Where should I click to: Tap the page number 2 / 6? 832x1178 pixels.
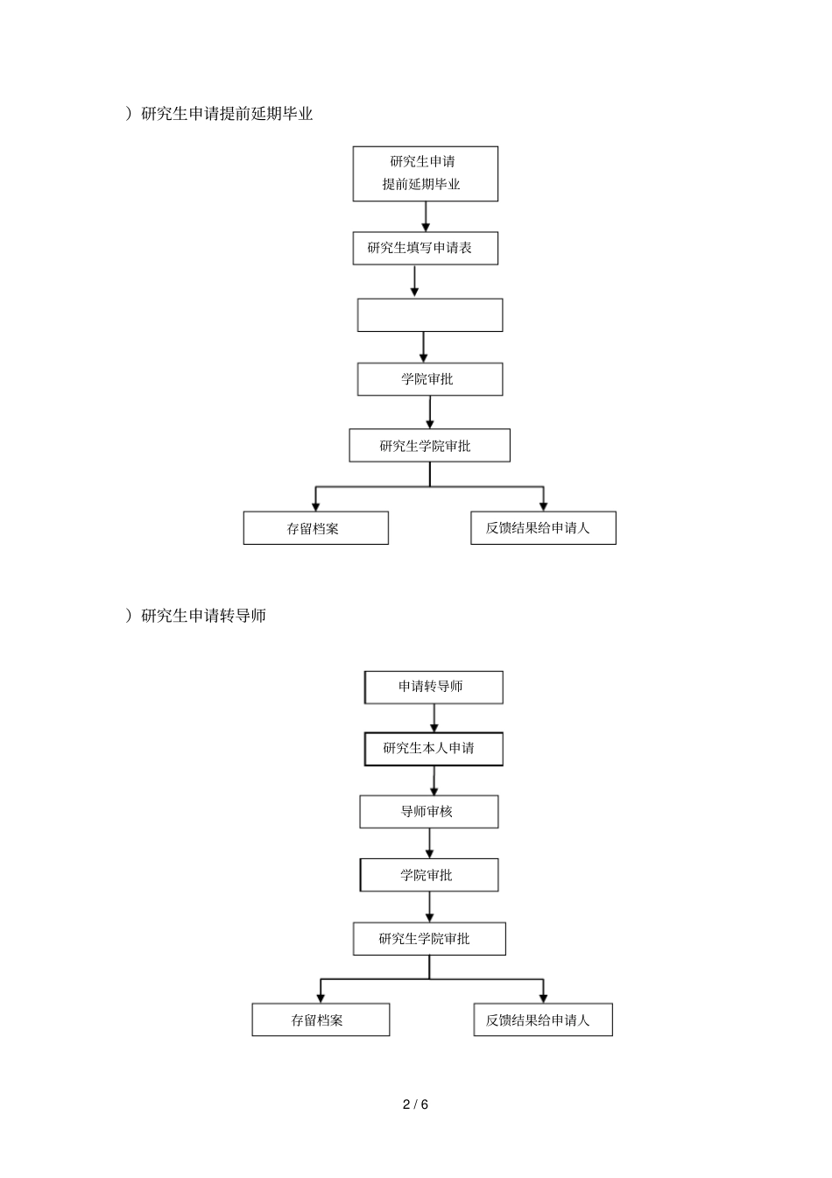point(415,1104)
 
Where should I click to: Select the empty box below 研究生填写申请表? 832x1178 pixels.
point(430,315)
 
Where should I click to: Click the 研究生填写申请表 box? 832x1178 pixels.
point(425,248)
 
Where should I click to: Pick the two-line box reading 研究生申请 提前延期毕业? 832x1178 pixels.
point(425,173)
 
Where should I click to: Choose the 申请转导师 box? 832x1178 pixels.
point(434,687)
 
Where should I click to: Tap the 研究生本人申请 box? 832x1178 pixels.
point(434,749)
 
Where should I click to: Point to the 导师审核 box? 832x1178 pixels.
point(428,812)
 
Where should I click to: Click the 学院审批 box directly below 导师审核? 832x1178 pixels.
point(428,875)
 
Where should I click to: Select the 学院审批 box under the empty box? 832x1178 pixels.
point(429,379)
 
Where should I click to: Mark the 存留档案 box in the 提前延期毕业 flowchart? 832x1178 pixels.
point(315,528)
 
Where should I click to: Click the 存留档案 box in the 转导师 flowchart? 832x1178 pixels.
point(321,1019)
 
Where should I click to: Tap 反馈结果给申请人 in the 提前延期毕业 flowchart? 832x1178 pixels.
point(543,528)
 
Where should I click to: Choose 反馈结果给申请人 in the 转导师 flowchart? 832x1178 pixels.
point(543,1019)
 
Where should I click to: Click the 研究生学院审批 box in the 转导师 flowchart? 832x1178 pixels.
point(429,939)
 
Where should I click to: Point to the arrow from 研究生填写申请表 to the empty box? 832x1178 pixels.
point(414,281)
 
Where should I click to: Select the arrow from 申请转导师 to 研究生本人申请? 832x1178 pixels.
point(434,717)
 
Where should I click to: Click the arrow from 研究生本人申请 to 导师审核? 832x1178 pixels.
point(434,780)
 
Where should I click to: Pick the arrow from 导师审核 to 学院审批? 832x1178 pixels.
point(429,843)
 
